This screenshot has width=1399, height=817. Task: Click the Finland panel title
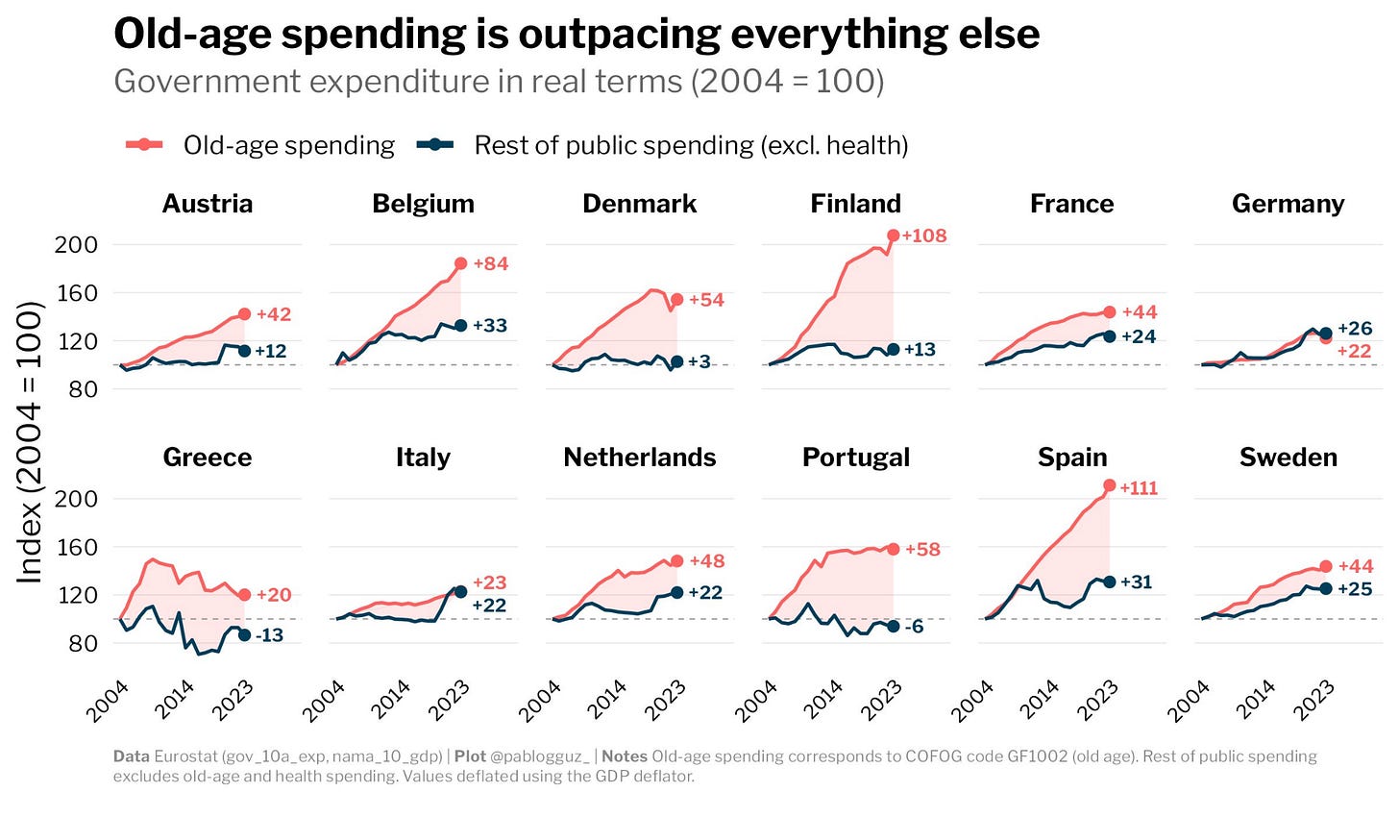(x=855, y=204)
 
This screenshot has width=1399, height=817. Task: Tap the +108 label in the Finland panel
(x=923, y=235)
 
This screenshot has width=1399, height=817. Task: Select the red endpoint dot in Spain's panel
(x=1110, y=486)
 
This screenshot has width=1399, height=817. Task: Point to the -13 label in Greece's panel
(x=268, y=635)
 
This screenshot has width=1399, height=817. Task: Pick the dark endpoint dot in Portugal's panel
(x=894, y=626)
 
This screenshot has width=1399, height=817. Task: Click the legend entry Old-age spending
(x=288, y=145)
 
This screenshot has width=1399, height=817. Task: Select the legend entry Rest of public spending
(x=691, y=145)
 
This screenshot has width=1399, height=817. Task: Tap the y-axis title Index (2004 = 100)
(x=31, y=442)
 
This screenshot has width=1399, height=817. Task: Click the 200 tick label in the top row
(x=77, y=244)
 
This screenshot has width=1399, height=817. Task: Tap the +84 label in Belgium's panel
(x=490, y=263)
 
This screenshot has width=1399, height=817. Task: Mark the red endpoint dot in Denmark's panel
(x=676, y=300)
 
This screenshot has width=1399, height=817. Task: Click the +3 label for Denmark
(x=699, y=362)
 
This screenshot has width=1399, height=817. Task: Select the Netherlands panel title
(x=639, y=458)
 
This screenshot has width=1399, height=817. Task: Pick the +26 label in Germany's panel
(x=1355, y=329)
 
